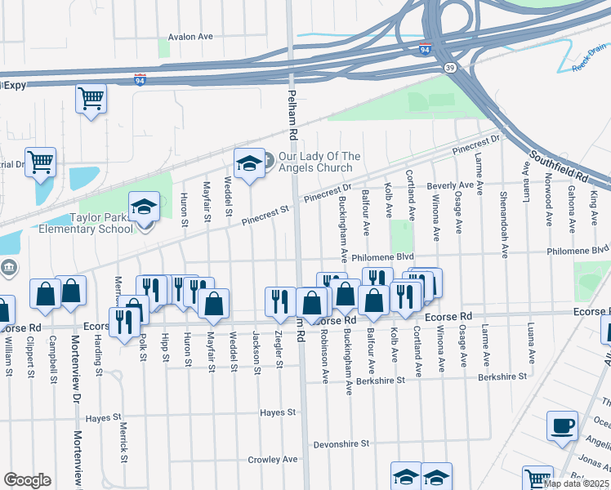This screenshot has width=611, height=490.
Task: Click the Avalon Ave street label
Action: point(190,37)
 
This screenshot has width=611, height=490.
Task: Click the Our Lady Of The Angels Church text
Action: point(319,162)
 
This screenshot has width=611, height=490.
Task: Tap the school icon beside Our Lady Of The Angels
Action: point(248,164)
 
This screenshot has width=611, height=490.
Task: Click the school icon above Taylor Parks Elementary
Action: point(145,207)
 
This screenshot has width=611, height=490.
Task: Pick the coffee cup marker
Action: point(563,426)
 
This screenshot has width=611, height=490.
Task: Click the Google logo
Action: point(27,479)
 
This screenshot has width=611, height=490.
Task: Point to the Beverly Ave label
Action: point(450,186)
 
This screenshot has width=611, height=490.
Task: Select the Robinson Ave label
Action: point(324,357)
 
